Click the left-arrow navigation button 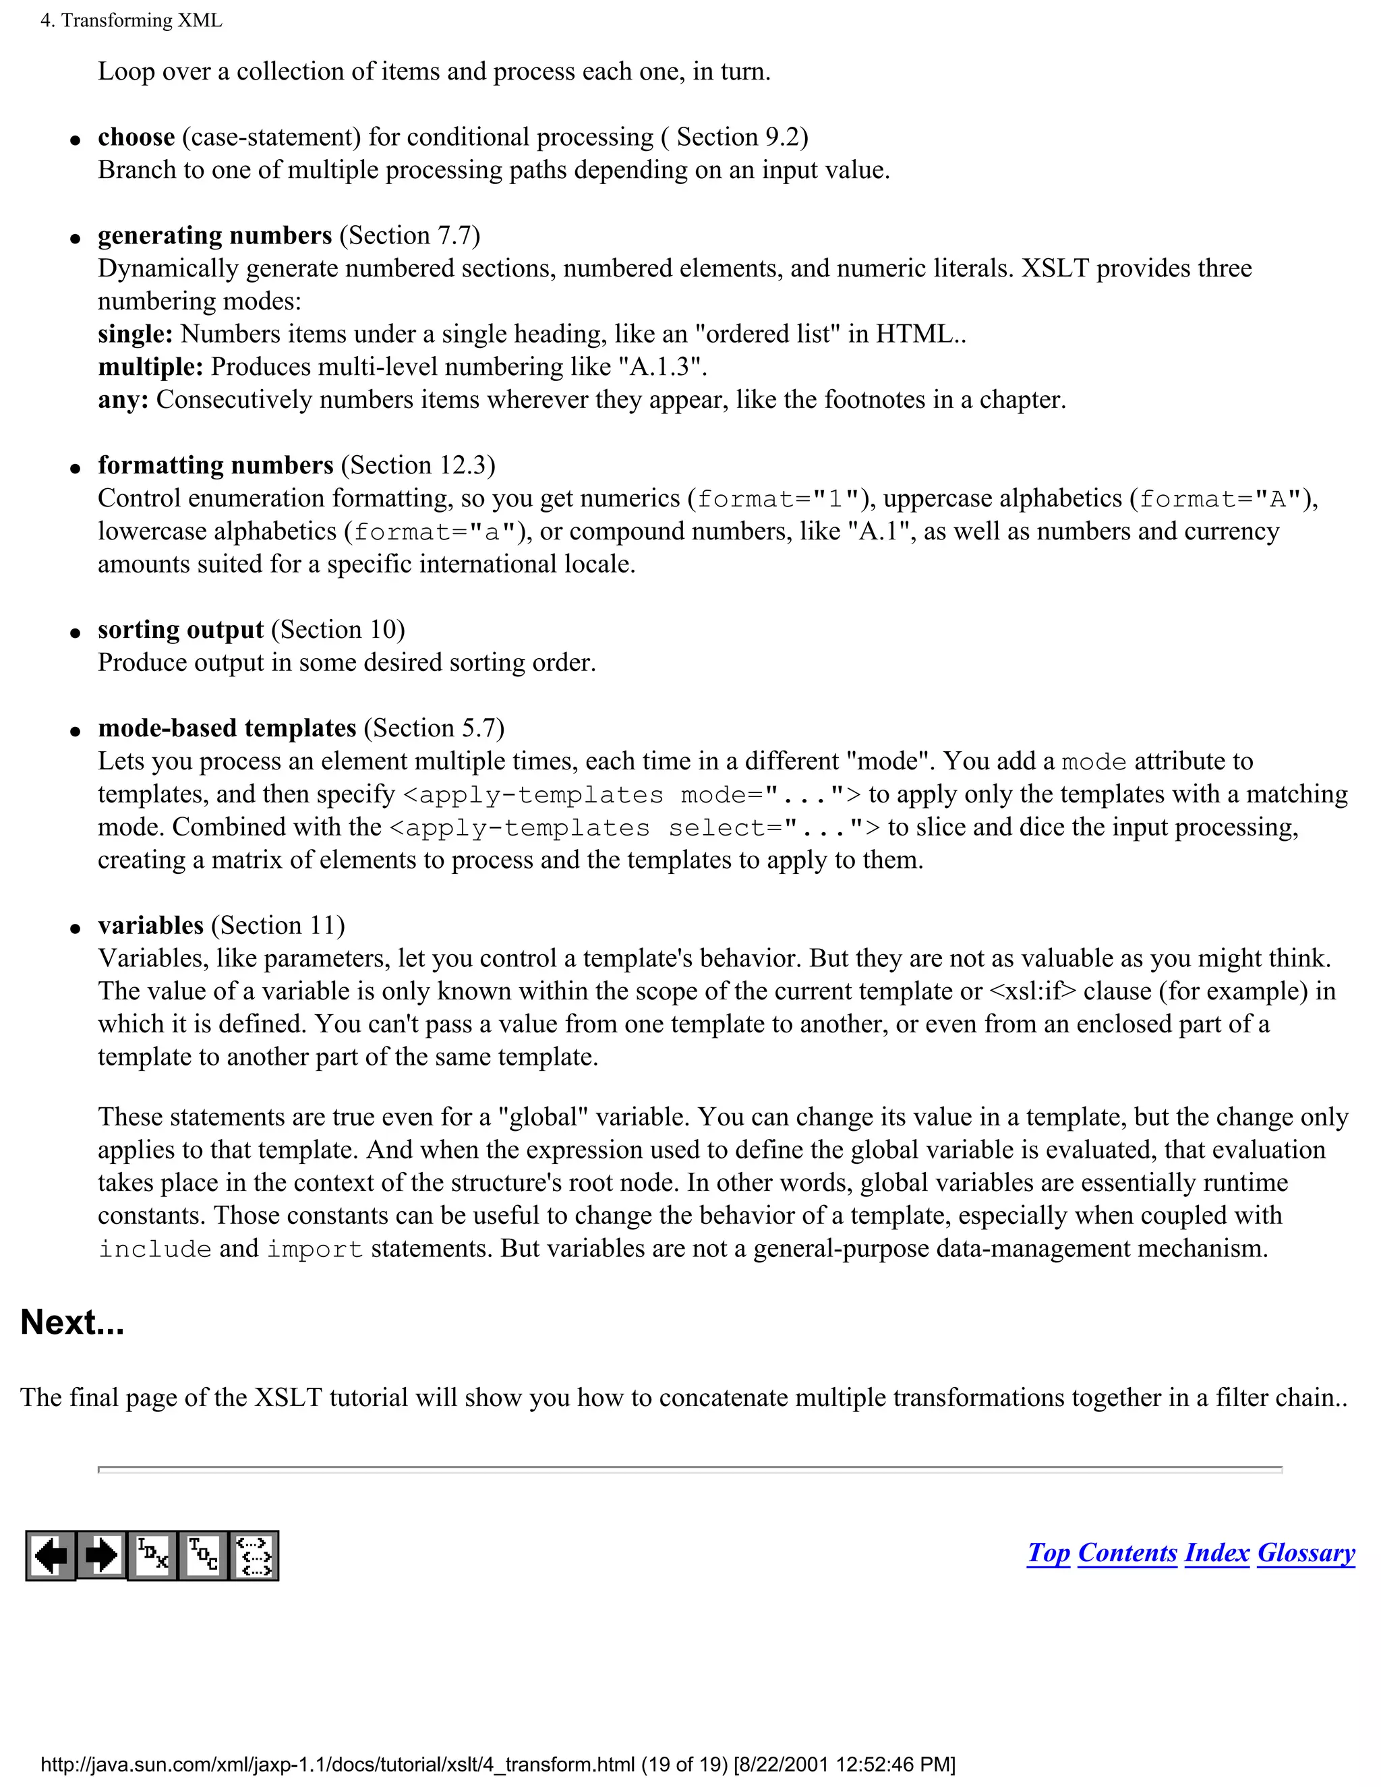click(51, 1556)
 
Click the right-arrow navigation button click(101, 1556)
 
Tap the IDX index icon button click(153, 1556)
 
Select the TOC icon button click(203, 1556)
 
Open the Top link click(1048, 1553)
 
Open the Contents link click(1127, 1553)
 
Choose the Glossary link click(1305, 1553)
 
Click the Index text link click(1216, 1553)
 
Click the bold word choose click(136, 137)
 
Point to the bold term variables click(150, 925)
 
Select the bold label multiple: click(150, 367)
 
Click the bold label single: click(135, 334)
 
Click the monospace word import click(315, 1250)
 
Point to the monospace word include click(154, 1250)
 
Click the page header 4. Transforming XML click(131, 20)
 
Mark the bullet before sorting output click(76, 633)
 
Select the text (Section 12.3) click(418, 465)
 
